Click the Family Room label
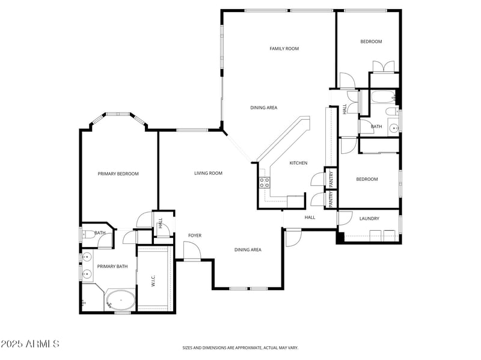[284, 49]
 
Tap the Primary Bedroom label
[118, 174]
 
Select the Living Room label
[208, 173]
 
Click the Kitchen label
[298, 163]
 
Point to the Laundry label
[369, 218]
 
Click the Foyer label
[195, 235]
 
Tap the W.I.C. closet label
[153, 281]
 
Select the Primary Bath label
[112, 266]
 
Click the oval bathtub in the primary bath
[121, 299]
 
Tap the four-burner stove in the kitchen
[264, 182]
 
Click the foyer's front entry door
[192, 252]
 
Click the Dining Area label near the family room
[263, 108]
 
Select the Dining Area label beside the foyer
[248, 249]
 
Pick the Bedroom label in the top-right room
[371, 41]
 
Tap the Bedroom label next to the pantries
[367, 179]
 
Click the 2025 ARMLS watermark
[30, 344]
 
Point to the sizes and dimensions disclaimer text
[240, 347]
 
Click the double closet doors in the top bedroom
[384, 66]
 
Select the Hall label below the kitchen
[310, 217]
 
